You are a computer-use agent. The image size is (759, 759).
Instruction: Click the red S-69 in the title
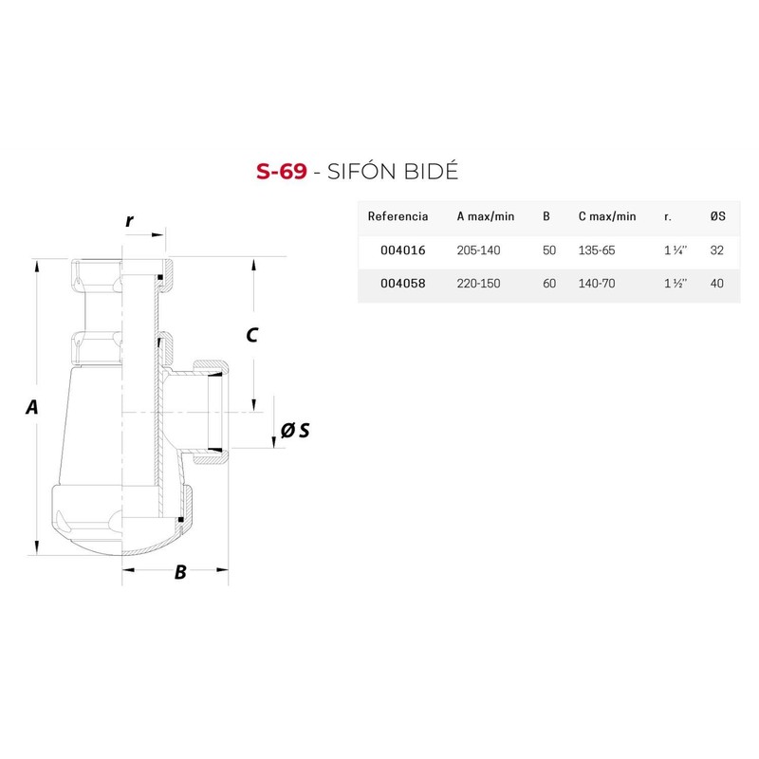[x=281, y=173]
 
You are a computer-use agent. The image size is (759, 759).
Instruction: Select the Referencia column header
[x=398, y=216]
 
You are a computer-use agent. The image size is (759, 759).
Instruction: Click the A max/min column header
[x=486, y=216]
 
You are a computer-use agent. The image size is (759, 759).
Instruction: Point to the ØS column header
[x=717, y=216]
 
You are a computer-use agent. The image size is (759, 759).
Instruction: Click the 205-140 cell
[x=479, y=250]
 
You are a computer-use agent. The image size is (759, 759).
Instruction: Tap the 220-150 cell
[x=479, y=285]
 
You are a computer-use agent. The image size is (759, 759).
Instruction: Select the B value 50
[x=548, y=250]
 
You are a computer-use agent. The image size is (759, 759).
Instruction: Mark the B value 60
[x=548, y=285]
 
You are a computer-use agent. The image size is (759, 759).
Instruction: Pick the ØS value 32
[x=717, y=250]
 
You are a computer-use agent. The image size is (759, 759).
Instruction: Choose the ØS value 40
[x=717, y=285]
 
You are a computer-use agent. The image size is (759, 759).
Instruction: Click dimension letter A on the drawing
[x=32, y=407]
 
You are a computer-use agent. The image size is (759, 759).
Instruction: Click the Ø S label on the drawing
[x=295, y=431]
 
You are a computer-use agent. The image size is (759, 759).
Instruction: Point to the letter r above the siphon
[x=129, y=221]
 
